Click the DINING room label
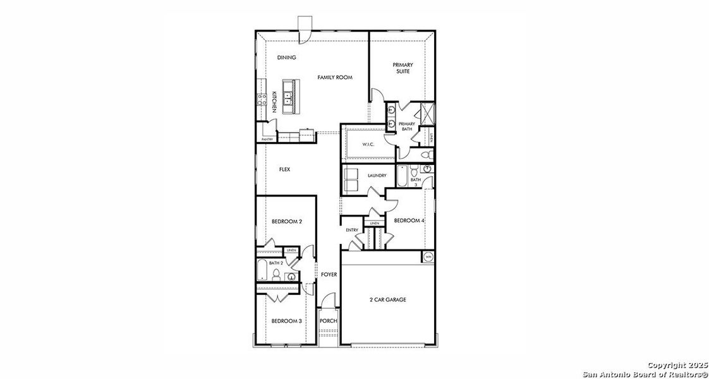287,57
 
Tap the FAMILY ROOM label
334,77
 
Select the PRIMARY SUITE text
403,68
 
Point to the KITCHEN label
274,102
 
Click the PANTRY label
267,139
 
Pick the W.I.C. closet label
368,145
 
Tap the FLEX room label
284,169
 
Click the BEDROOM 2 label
287,222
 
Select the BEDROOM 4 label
409,220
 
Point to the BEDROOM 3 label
287,321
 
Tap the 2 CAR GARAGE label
387,299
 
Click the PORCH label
328,321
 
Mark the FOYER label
329,274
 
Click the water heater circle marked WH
428,256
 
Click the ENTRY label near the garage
352,230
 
